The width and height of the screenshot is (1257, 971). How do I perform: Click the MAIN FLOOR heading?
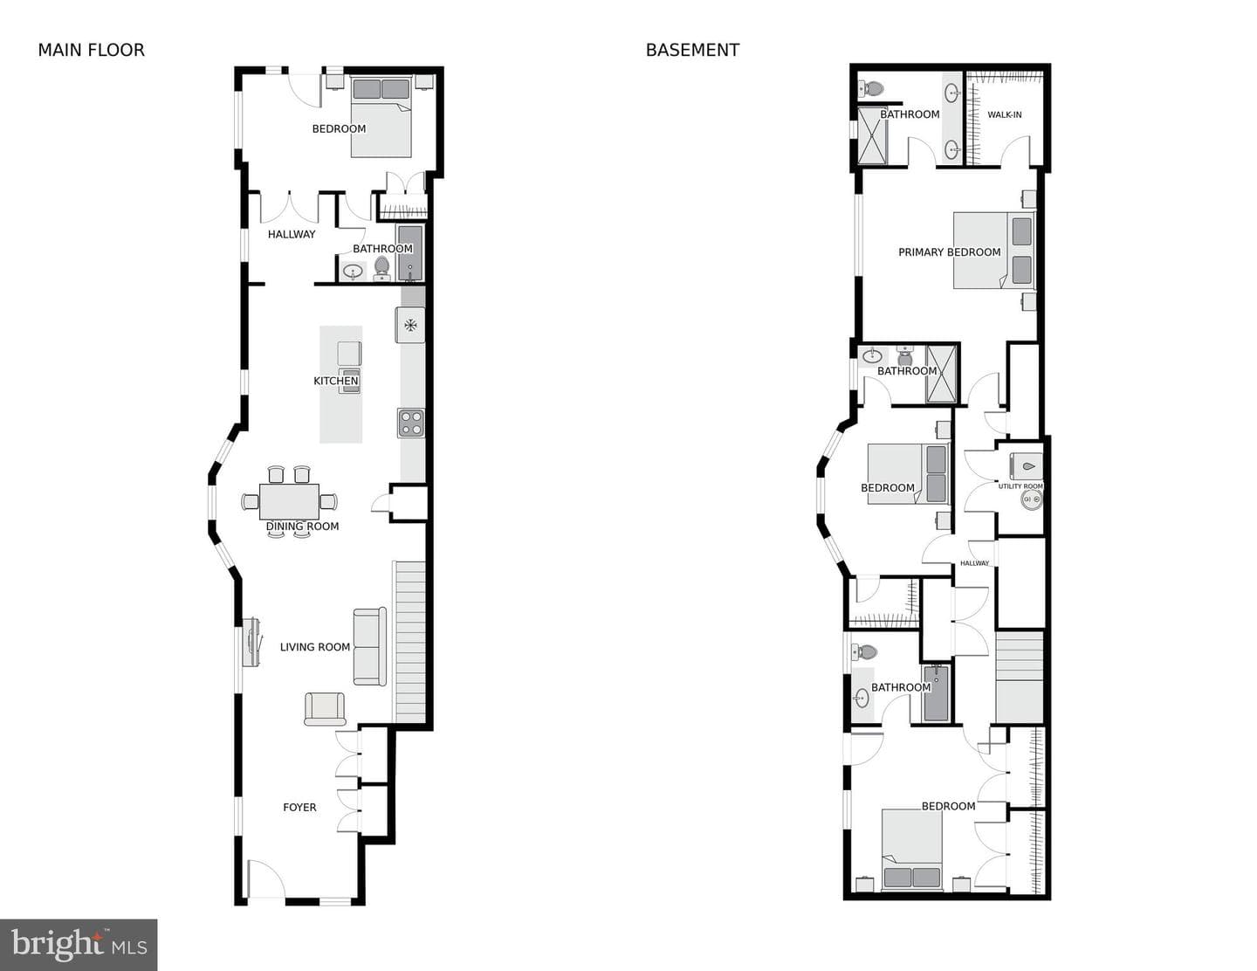92,51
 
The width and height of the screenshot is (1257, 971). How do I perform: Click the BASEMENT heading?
692,51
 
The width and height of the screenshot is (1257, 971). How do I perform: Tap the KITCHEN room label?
336,381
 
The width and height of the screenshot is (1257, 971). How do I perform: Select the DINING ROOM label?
303,526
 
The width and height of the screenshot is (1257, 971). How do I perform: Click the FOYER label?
299,807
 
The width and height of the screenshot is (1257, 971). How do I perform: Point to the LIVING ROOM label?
315,647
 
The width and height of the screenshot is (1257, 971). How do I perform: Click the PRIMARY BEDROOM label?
949,252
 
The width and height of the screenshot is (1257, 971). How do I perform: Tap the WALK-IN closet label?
1005,114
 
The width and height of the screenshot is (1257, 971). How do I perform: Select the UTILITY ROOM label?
1020,486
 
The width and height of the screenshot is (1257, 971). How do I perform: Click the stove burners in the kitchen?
411,423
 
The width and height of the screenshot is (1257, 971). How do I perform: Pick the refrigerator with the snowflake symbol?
410,325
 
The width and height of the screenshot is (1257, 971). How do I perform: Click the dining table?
289,502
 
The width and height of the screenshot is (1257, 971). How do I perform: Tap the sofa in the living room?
369,646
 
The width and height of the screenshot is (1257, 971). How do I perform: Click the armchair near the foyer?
325,709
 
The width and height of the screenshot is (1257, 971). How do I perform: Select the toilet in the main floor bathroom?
381,268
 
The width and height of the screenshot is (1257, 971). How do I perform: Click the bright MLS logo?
79,945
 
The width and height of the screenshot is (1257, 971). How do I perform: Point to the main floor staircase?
410,642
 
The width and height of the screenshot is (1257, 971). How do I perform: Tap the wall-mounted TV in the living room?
251,643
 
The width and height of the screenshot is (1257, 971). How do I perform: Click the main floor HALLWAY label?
292,234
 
